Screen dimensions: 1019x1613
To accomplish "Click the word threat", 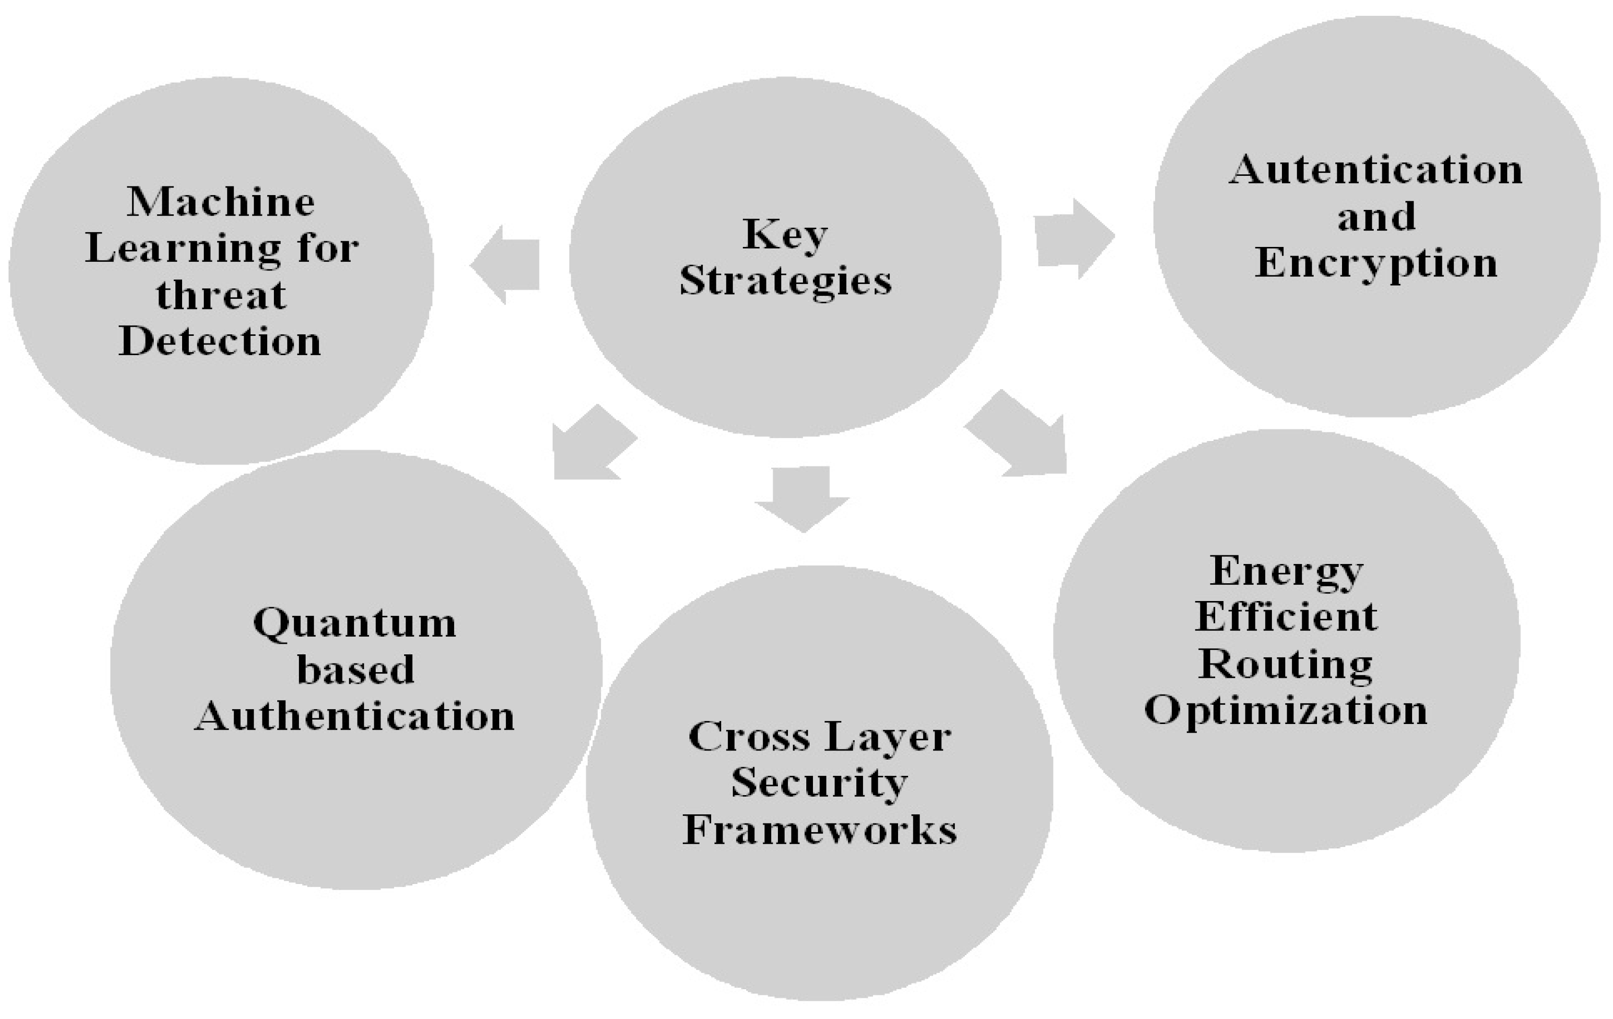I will pyautogui.click(x=221, y=295).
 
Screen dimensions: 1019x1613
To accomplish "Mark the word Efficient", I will pyautogui.click(x=1286, y=617).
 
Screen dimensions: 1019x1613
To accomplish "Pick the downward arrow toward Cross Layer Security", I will pyautogui.click(x=802, y=499).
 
